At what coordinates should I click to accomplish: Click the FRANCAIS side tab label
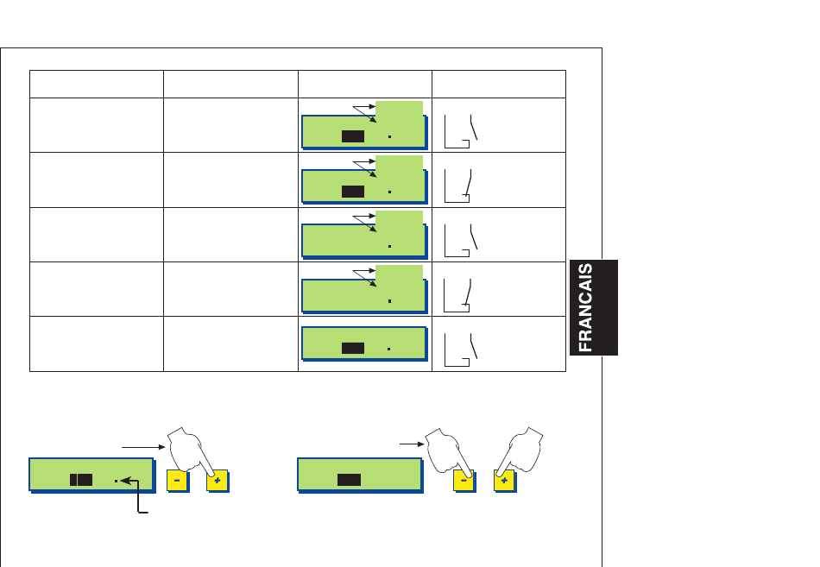pos(593,306)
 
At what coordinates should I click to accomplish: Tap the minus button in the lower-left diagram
pos(177,481)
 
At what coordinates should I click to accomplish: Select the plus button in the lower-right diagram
pos(505,481)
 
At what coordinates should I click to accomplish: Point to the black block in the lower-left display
pos(80,480)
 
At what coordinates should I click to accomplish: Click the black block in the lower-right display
pos(349,480)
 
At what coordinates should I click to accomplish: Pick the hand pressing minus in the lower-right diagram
pos(446,449)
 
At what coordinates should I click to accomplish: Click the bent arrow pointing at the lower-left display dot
pos(138,501)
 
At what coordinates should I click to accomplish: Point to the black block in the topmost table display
pos(352,136)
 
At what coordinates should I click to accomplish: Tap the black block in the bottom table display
pos(352,349)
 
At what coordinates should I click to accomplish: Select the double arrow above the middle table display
pos(363,218)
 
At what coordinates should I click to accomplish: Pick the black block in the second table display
pos(352,191)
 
